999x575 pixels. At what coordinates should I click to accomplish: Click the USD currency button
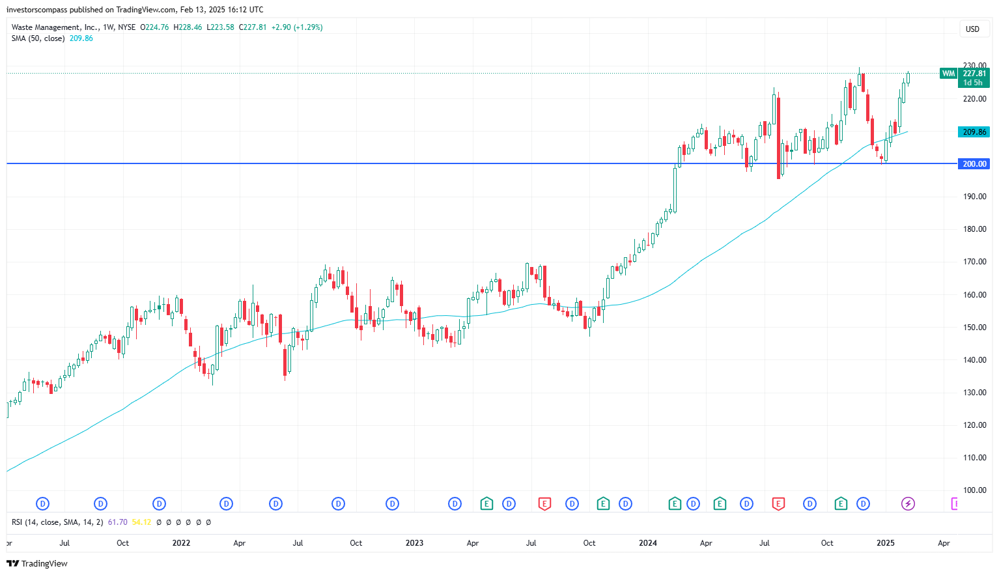[x=972, y=29]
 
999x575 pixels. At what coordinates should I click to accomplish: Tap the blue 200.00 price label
[x=974, y=164]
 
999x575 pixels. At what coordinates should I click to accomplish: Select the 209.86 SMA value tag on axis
[x=974, y=132]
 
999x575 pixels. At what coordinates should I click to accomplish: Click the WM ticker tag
[x=948, y=74]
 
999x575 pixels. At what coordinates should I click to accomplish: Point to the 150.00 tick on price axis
[x=974, y=328]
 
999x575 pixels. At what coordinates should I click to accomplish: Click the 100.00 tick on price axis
[x=974, y=490]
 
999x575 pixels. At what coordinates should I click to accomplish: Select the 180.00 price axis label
[x=974, y=229]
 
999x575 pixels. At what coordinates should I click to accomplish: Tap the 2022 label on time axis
[x=181, y=543]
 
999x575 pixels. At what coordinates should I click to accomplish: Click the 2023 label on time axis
[x=414, y=543]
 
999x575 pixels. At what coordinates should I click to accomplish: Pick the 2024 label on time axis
[x=648, y=543]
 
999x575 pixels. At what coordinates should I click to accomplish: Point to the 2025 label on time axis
[x=885, y=543]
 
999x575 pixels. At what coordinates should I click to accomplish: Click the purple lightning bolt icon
[x=908, y=503]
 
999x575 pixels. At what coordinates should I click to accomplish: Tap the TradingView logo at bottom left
[x=37, y=564]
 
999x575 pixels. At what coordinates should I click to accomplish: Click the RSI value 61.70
[x=117, y=522]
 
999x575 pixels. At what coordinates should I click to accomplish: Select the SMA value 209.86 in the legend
[x=81, y=38]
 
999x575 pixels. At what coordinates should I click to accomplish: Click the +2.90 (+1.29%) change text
[x=297, y=27]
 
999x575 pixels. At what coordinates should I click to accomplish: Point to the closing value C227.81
[x=253, y=27]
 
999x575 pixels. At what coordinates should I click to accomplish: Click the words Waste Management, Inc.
[x=55, y=27]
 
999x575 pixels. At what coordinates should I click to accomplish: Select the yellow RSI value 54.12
[x=141, y=522]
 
